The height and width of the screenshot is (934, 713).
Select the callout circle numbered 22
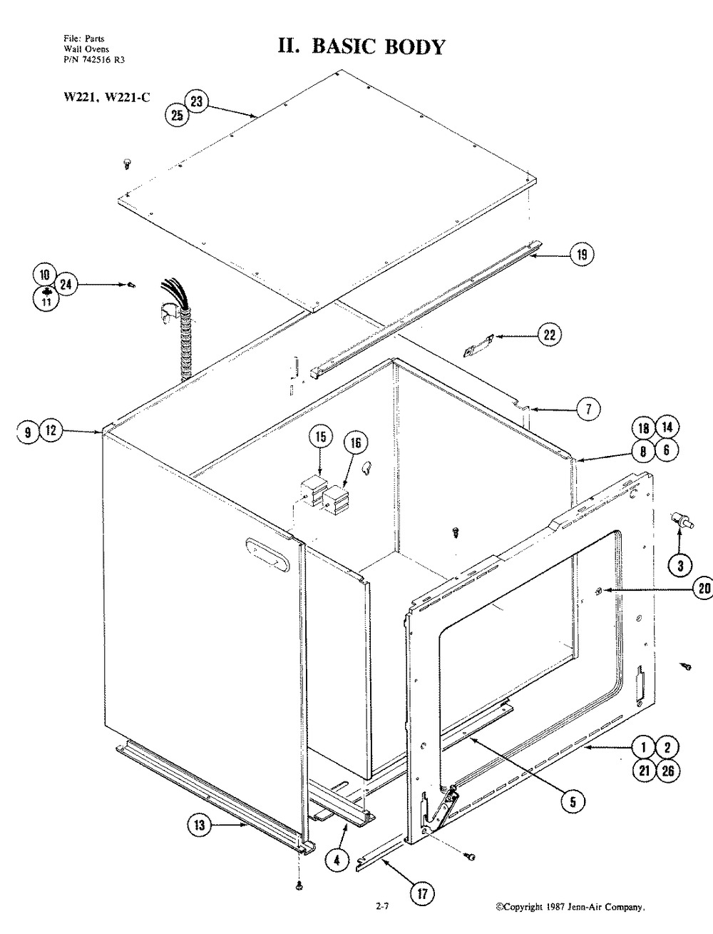[x=550, y=335]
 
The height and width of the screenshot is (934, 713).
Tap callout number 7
[x=588, y=409]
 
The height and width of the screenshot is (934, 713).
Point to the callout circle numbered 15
[x=320, y=436]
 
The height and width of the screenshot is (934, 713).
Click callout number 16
[x=356, y=443]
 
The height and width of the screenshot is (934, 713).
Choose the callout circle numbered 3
[x=679, y=566]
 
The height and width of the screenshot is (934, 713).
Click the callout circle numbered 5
[x=572, y=801]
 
